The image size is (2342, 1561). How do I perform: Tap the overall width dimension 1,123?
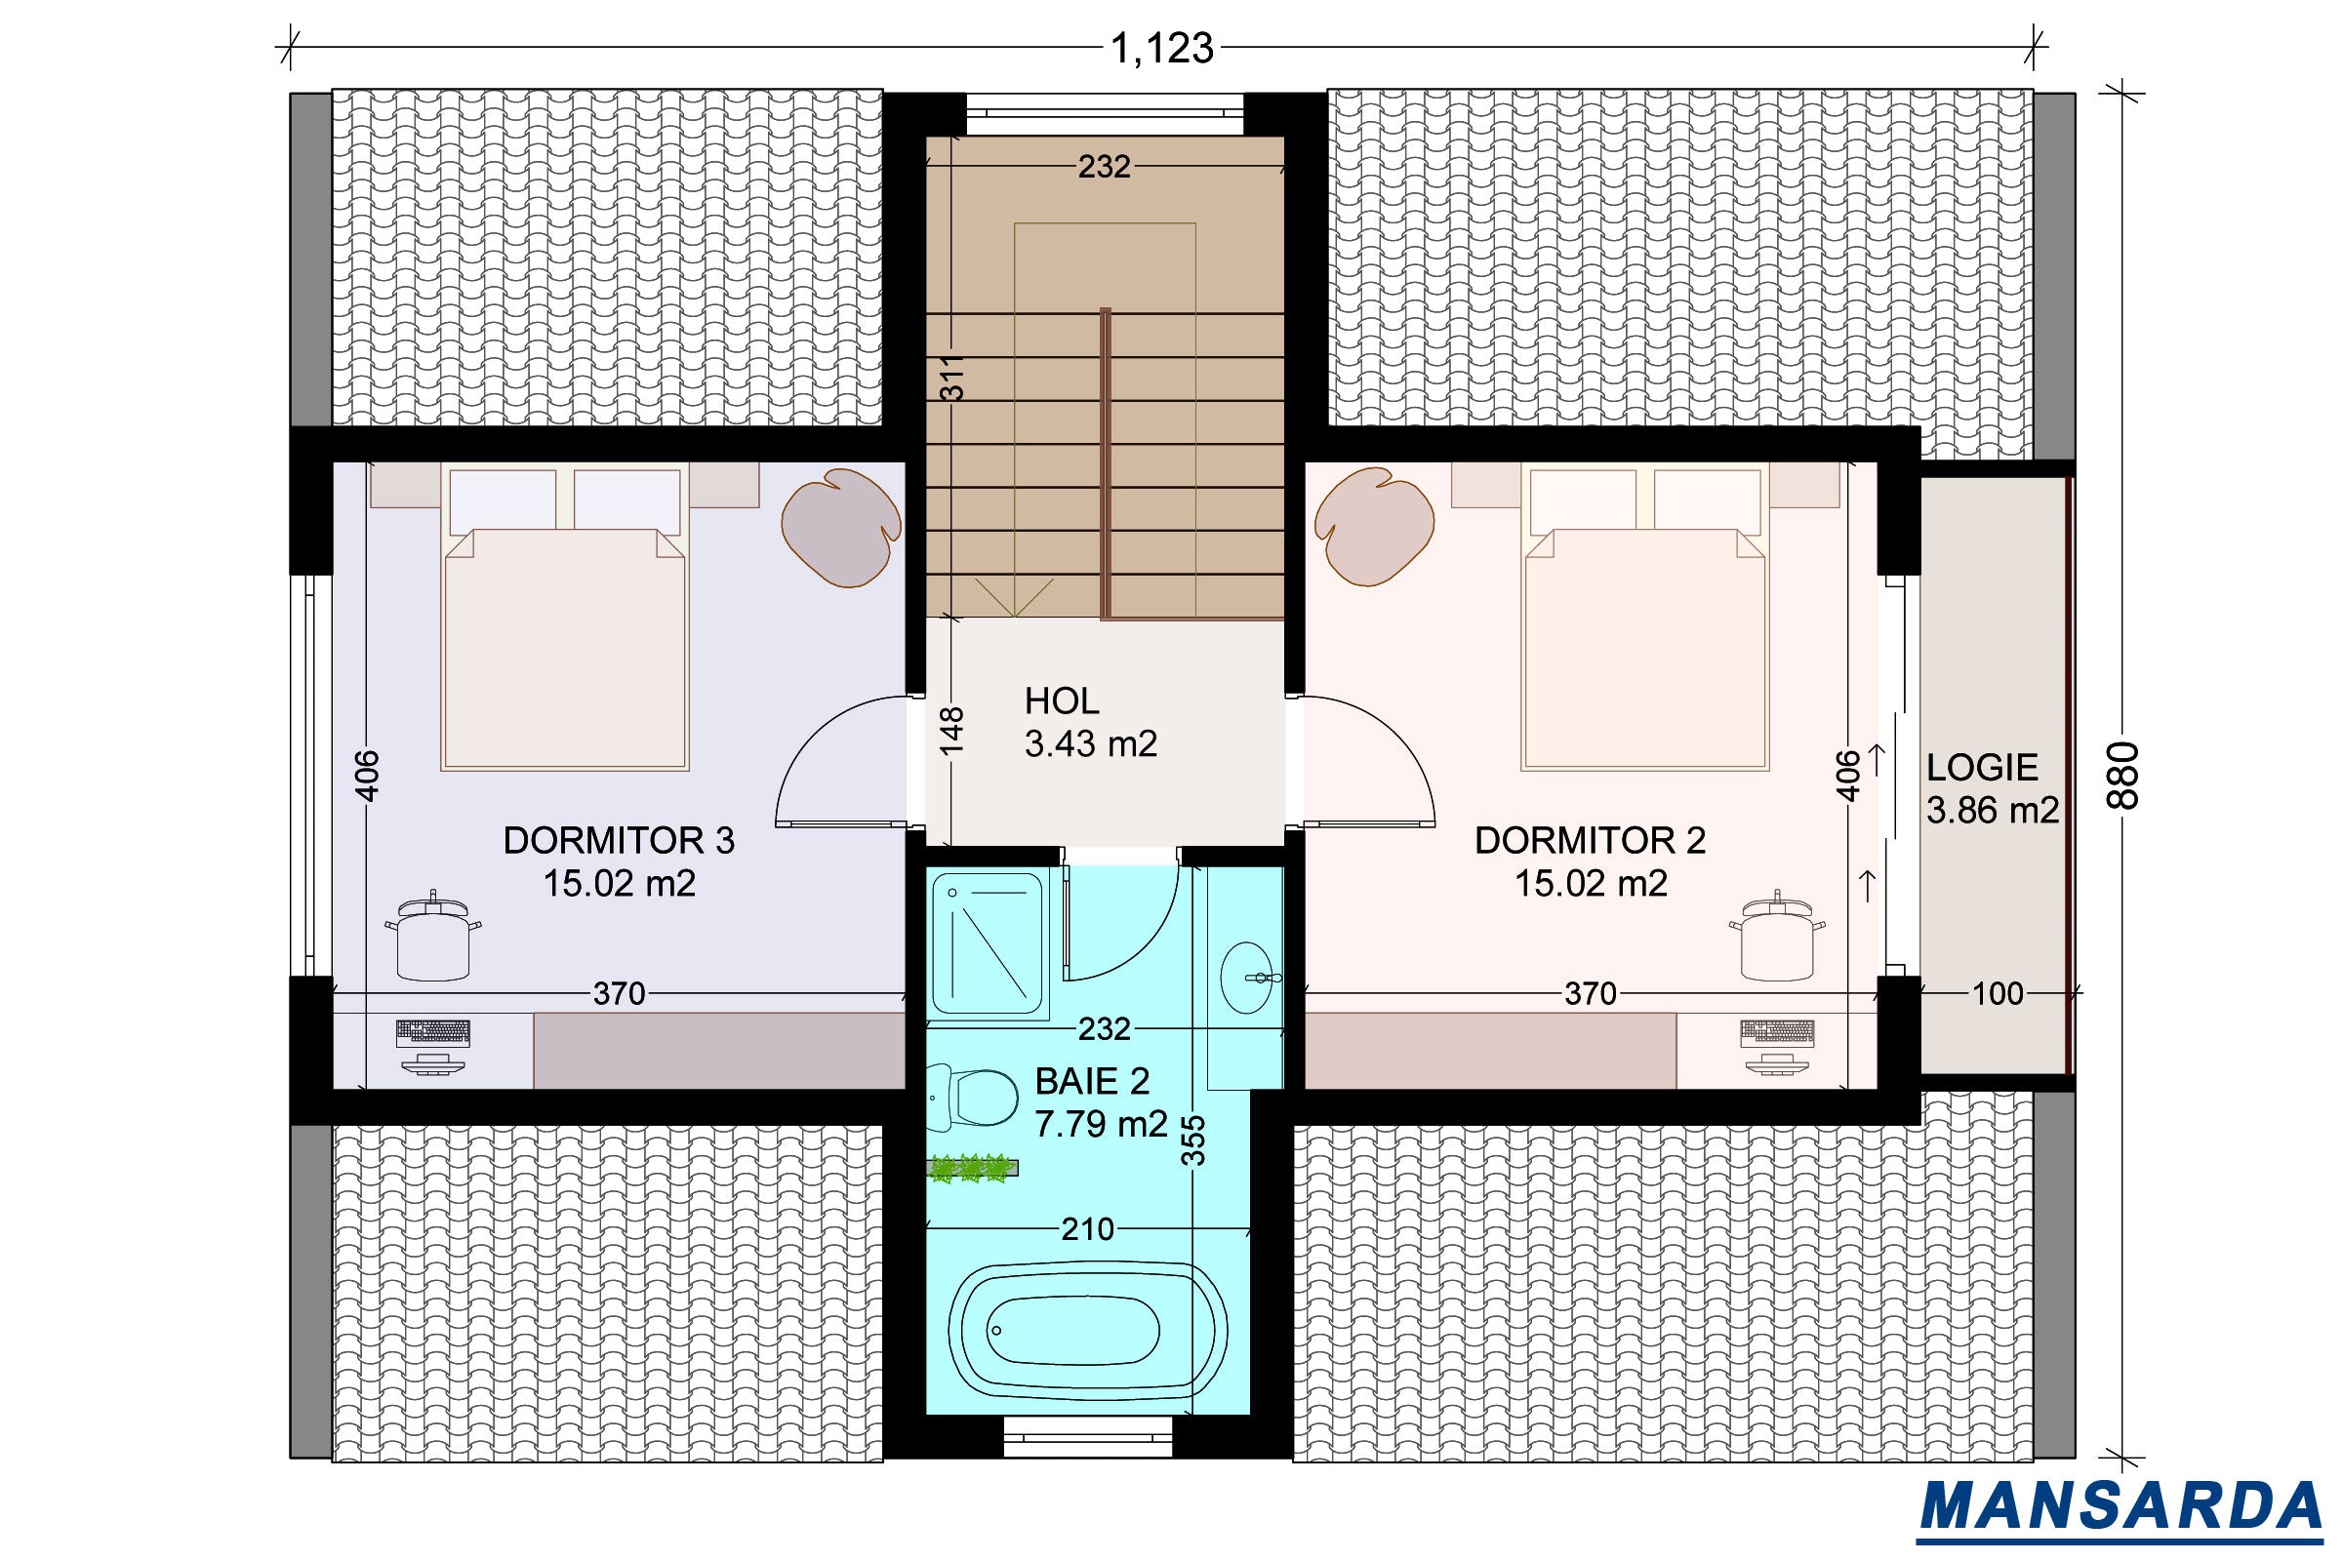point(1161,48)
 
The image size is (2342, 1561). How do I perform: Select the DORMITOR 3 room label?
point(619,840)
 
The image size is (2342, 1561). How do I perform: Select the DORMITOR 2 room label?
point(1591,840)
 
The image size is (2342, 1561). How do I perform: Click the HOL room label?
point(1062,700)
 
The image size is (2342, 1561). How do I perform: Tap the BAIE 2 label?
point(1092,1080)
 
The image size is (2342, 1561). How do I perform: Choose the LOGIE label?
point(1982,767)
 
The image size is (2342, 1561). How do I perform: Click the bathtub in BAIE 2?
point(1087,1331)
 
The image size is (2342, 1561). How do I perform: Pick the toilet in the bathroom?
point(971,1096)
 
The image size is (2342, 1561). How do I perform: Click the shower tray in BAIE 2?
point(989,943)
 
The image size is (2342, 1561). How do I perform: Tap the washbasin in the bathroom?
point(1251,977)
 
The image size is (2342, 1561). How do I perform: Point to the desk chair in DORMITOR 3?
point(432,937)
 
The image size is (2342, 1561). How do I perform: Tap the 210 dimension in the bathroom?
point(1086,1229)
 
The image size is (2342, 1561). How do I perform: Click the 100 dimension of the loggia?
point(1998,992)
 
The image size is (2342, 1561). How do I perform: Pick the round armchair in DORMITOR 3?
point(841,527)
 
